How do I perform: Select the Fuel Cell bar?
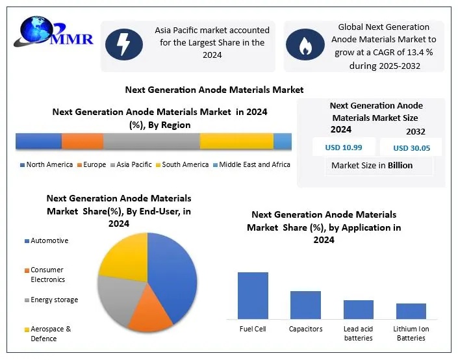tap(253, 295)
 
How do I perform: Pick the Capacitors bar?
tap(305, 305)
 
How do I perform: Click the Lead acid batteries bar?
tap(358, 309)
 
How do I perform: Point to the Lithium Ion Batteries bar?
tap(411, 311)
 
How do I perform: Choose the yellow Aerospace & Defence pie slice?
tap(123, 257)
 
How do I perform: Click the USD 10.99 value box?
tap(343, 148)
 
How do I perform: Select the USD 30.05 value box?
tap(411, 148)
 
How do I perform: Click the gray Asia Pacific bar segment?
tap(151, 141)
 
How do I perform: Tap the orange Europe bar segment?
tap(83, 141)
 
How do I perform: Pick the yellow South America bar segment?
tap(236, 141)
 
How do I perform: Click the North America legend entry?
tap(46, 165)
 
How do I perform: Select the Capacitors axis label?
tap(305, 329)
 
